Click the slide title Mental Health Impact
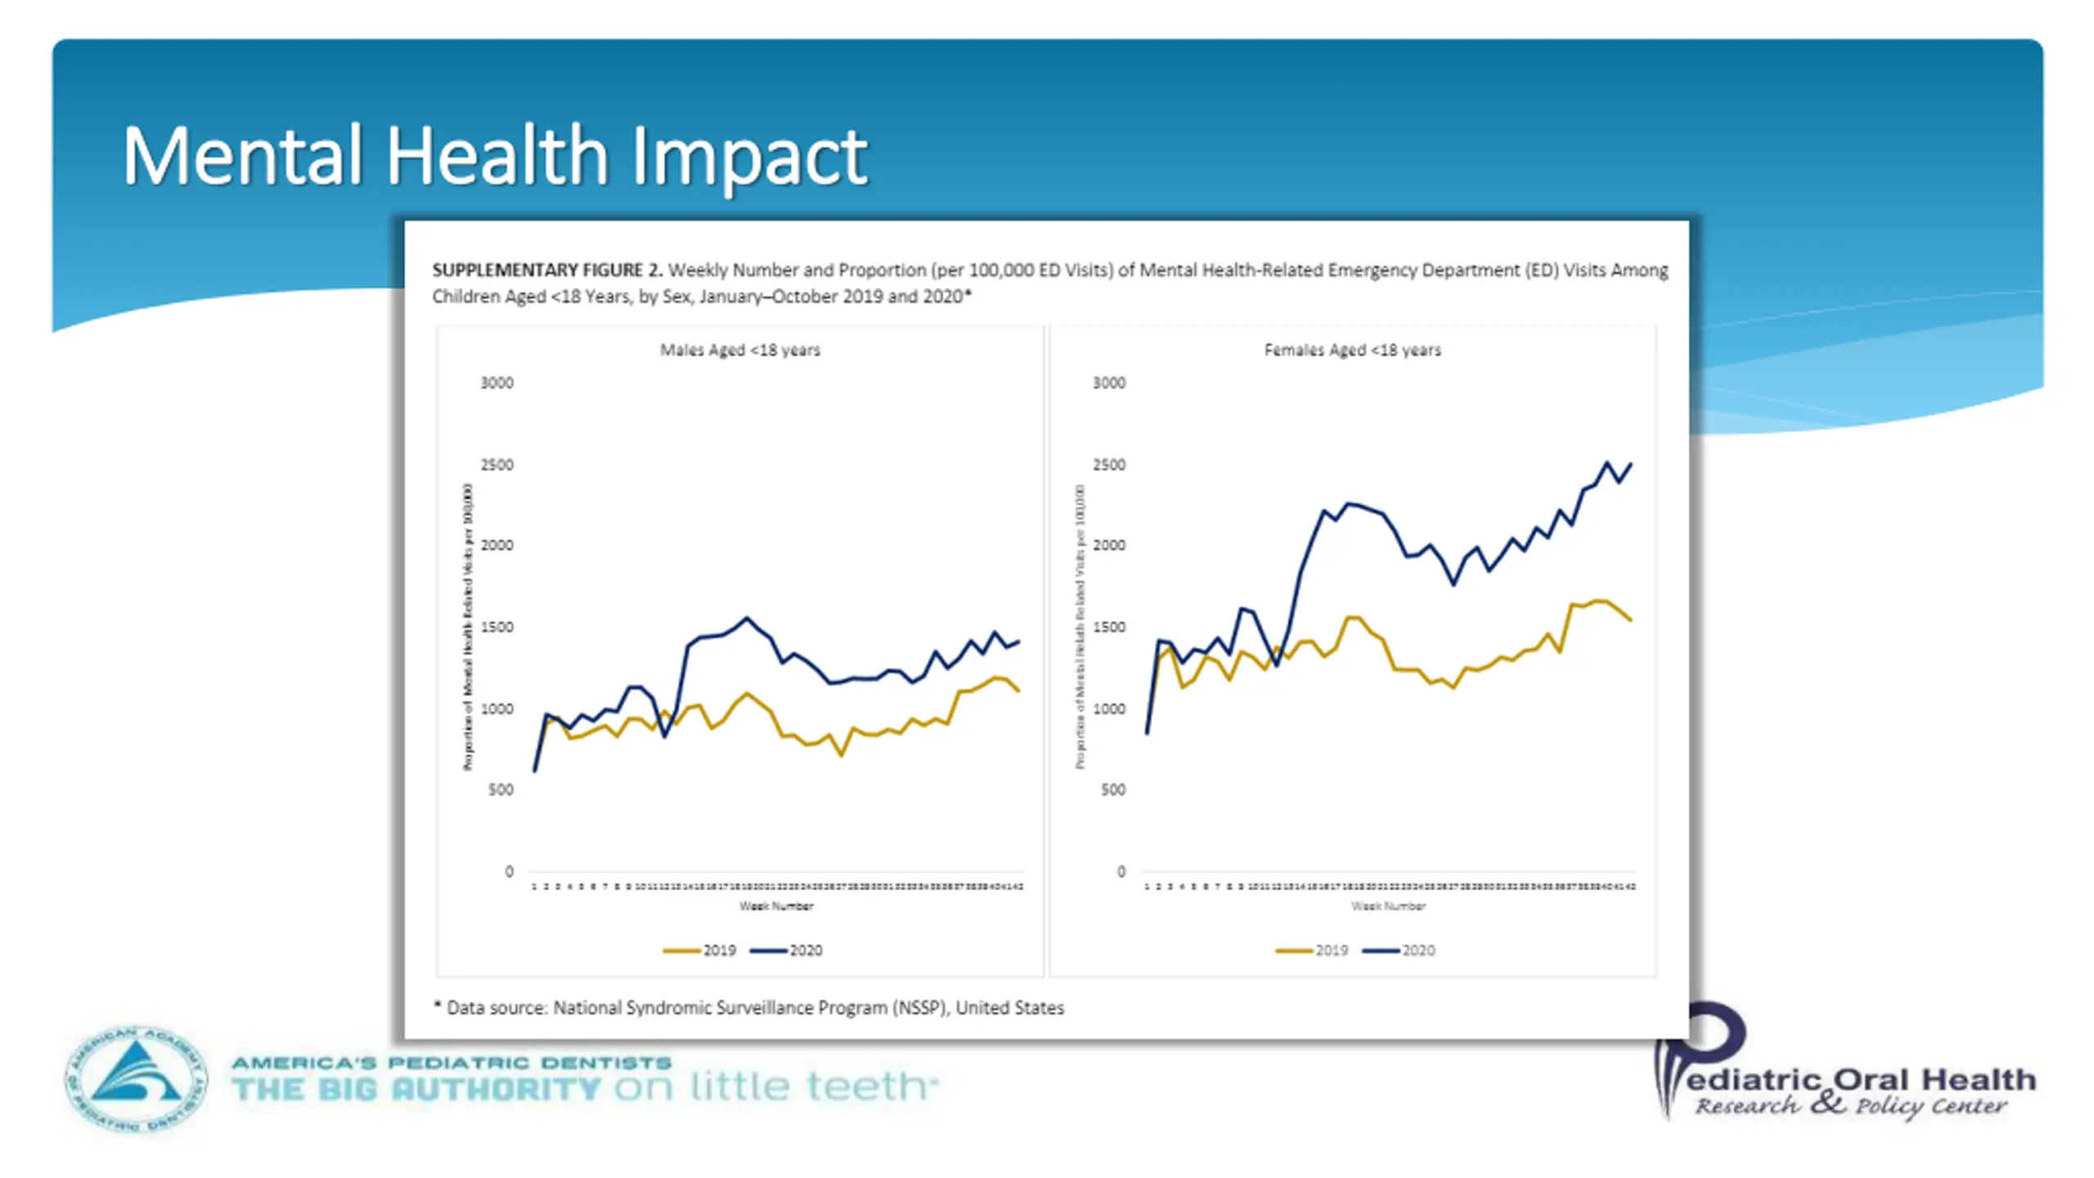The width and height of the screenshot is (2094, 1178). (x=495, y=155)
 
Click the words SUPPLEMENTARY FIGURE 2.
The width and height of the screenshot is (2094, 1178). (x=547, y=270)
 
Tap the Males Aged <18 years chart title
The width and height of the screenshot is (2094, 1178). (x=739, y=350)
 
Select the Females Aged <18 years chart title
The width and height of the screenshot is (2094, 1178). (x=1352, y=350)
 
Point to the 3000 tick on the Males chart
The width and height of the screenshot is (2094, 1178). (x=497, y=383)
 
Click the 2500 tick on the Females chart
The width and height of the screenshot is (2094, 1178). (x=1108, y=465)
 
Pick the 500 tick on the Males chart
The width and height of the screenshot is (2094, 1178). (x=501, y=789)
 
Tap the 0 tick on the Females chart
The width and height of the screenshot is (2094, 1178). (x=1121, y=871)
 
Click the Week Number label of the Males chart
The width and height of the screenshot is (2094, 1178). (x=776, y=906)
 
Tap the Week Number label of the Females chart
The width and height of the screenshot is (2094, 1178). (x=1388, y=906)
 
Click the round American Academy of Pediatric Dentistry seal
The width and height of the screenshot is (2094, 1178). (x=136, y=1079)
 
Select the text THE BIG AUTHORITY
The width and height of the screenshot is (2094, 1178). (x=416, y=1089)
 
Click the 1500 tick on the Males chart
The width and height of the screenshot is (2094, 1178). (x=497, y=627)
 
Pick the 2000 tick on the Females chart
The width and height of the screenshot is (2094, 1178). (x=1108, y=546)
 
